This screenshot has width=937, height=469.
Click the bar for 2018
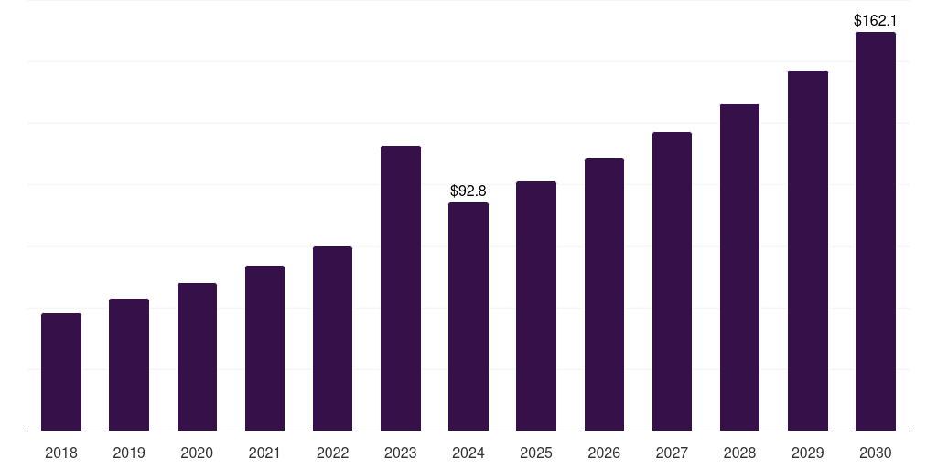tap(61, 372)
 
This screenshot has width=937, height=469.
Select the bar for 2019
tap(129, 365)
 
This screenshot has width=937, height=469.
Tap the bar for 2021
tap(264, 348)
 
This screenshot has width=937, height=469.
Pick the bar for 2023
tap(401, 288)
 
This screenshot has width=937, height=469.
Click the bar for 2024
tap(468, 316)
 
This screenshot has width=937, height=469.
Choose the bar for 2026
tap(604, 294)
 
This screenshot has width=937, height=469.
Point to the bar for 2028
tap(739, 267)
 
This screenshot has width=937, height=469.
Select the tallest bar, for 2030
tap(875, 231)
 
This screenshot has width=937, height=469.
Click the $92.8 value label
tap(468, 191)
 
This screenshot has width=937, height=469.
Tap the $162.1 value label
tap(875, 20)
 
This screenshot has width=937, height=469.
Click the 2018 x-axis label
tap(61, 453)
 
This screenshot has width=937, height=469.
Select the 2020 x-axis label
tap(197, 453)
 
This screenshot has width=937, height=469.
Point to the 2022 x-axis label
tap(332, 453)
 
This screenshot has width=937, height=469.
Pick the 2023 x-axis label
tap(401, 453)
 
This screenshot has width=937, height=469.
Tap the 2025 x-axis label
tap(536, 453)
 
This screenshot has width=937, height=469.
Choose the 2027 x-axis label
tap(672, 453)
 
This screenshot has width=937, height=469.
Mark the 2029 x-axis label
tap(807, 453)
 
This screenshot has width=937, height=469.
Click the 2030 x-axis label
tap(875, 453)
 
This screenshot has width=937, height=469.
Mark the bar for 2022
tap(332, 338)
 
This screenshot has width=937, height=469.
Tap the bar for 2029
tap(807, 250)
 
